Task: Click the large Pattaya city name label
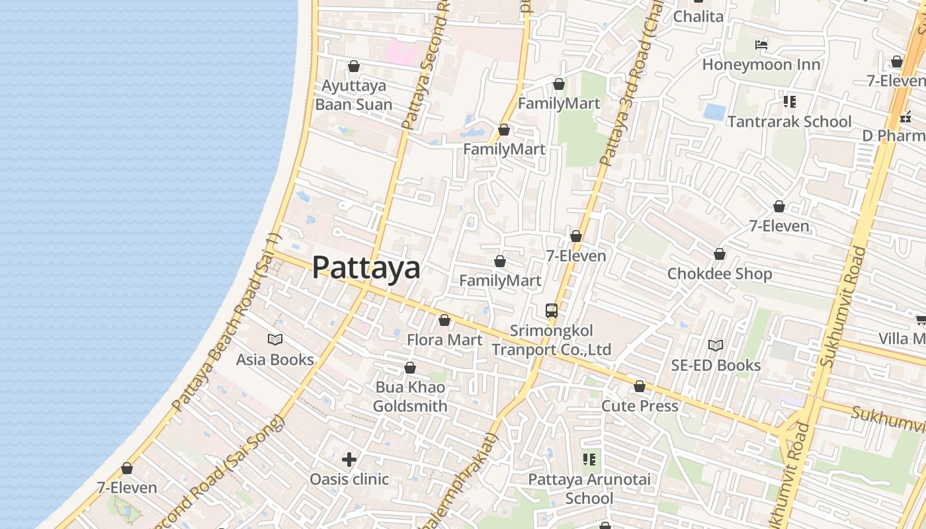(366, 268)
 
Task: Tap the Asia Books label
(275, 360)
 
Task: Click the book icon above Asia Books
(275, 340)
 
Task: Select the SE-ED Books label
(716, 365)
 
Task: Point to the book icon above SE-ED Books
(716, 345)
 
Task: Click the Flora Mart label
(444, 340)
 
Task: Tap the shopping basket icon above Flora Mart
(444, 321)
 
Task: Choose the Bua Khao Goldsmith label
(410, 397)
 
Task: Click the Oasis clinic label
(349, 479)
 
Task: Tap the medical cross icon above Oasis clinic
(349, 459)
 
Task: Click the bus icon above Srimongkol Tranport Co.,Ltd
(552, 310)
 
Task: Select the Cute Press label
(640, 406)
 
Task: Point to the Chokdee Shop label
(720, 274)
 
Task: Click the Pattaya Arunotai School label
(589, 489)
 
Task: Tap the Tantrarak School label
(790, 122)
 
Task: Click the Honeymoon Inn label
(761, 65)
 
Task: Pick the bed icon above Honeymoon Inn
(761, 45)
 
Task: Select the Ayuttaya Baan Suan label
(354, 95)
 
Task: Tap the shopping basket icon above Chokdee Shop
(720, 254)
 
